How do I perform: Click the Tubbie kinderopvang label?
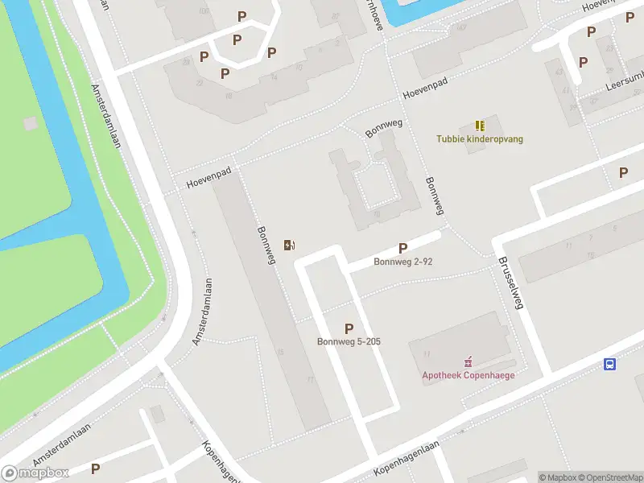coord(480,138)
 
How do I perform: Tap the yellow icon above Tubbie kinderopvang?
coord(480,126)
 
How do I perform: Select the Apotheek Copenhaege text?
coord(469,375)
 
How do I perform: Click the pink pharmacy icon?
coord(469,362)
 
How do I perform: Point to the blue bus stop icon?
coord(610,364)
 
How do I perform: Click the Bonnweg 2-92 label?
coord(402,262)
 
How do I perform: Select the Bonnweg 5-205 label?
coord(349,341)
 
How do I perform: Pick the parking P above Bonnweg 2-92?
coord(402,249)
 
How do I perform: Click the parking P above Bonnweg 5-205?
coord(349,328)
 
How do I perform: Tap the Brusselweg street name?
coord(510,283)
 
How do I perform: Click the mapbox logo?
coord(35,473)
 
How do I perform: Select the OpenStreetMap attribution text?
coord(609,477)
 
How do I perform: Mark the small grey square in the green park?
coord(31,123)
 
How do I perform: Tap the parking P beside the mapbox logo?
coord(95,469)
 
